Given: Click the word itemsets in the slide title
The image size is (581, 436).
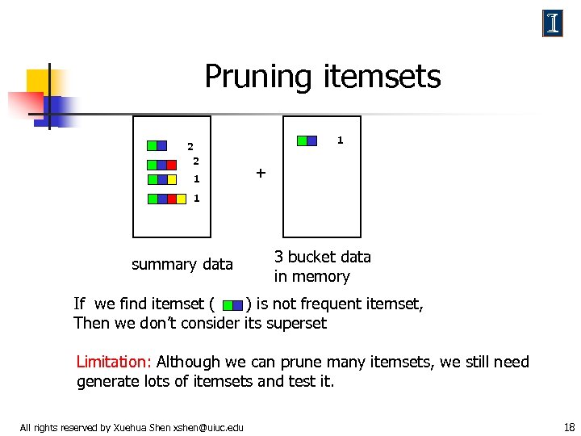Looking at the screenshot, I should [x=382, y=77].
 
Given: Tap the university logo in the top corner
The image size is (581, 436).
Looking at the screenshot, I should [x=553, y=23].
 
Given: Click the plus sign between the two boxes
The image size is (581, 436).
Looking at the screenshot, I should [x=260, y=173].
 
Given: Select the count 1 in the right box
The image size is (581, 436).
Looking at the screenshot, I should [x=340, y=140].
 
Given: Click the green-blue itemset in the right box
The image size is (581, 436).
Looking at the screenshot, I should [x=307, y=140].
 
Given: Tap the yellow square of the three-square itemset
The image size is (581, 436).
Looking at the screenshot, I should [x=172, y=179].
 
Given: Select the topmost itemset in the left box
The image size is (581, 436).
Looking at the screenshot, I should [x=157, y=146].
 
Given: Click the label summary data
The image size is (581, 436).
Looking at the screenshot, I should [x=182, y=264].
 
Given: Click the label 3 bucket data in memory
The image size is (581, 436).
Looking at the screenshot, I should [x=322, y=266].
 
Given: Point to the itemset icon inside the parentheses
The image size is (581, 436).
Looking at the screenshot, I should [x=232, y=305].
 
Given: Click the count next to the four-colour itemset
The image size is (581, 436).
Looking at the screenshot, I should [x=196, y=199].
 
